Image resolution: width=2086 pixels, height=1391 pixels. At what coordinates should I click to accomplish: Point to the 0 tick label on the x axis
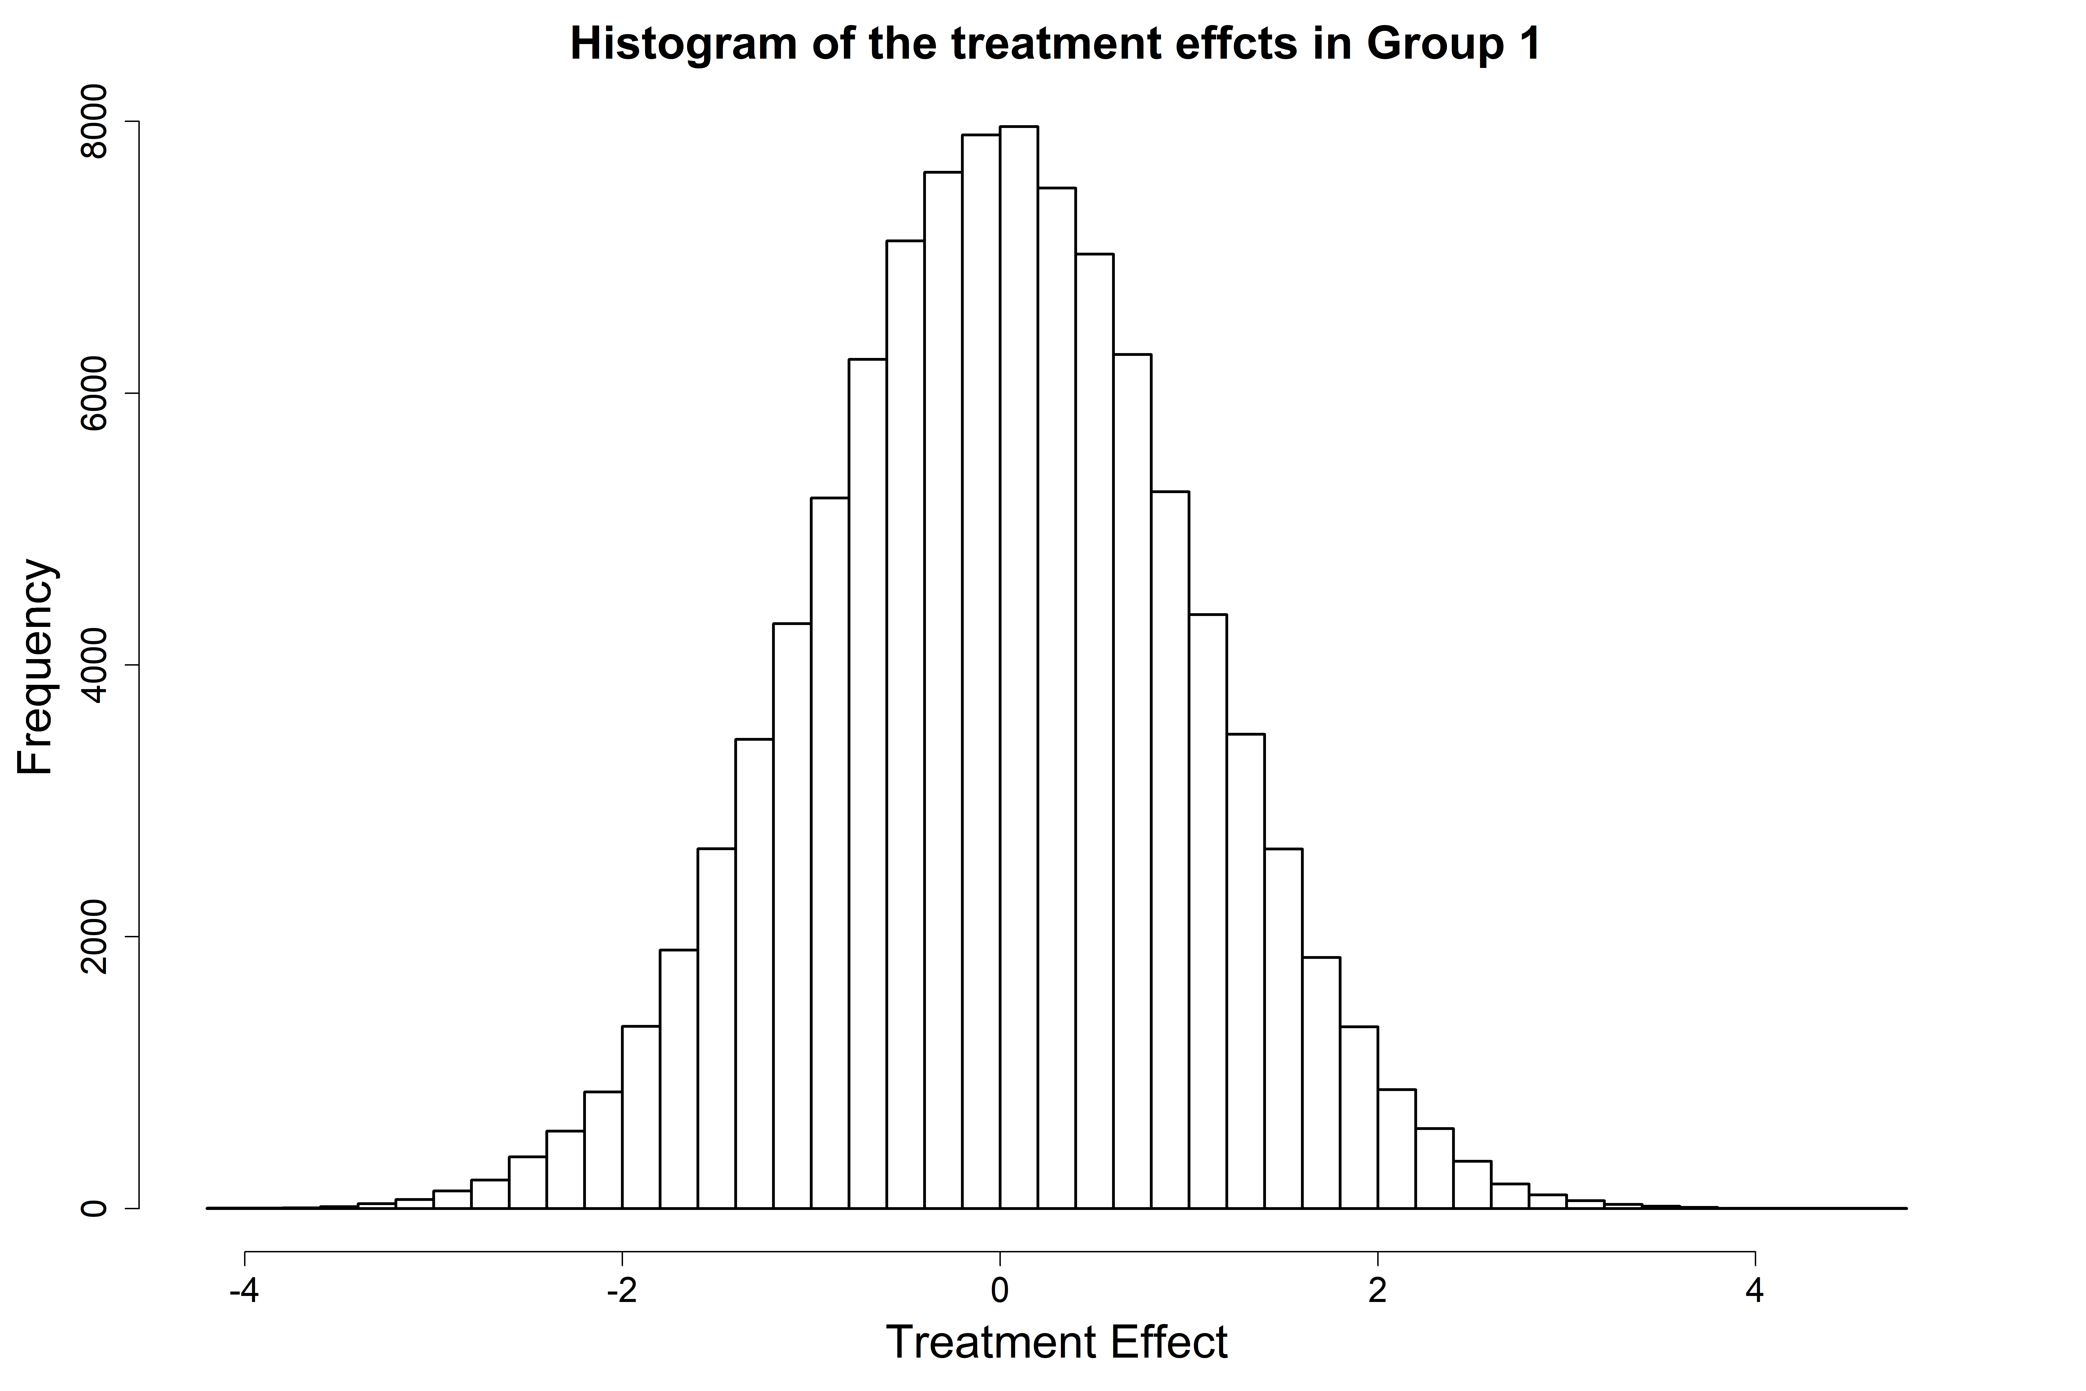coord(999,1291)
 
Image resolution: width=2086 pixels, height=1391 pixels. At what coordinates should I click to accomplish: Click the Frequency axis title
coord(37,665)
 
